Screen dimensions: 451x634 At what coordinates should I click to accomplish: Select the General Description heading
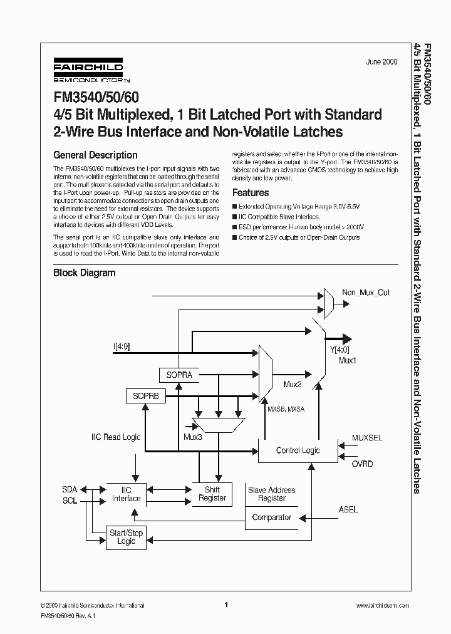click(x=95, y=155)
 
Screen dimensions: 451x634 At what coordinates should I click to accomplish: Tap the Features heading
click(x=251, y=193)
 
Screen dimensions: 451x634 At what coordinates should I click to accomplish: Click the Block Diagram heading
click(x=84, y=273)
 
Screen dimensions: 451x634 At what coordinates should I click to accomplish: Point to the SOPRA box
click(x=179, y=375)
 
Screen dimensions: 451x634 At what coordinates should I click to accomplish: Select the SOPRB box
click(x=146, y=396)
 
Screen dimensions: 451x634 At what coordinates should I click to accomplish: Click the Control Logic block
click(x=298, y=450)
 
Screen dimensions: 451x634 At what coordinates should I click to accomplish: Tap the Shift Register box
click(x=212, y=494)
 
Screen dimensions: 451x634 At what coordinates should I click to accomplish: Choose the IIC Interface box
click(x=126, y=494)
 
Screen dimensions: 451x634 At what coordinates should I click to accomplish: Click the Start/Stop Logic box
click(x=126, y=536)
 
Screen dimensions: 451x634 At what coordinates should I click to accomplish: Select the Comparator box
click(x=271, y=517)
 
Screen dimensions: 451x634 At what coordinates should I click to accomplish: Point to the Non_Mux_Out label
click(x=366, y=293)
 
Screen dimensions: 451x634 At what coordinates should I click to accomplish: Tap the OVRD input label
click(x=362, y=464)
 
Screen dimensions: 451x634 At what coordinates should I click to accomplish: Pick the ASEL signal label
click(x=348, y=509)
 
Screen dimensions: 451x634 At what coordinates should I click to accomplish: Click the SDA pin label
click(x=70, y=489)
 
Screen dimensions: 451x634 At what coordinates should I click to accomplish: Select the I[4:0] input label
click(x=122, y=346)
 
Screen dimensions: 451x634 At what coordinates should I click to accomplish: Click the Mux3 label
click(x=192, y=436)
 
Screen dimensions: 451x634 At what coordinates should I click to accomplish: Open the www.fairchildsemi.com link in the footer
click(x=382, y=605)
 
